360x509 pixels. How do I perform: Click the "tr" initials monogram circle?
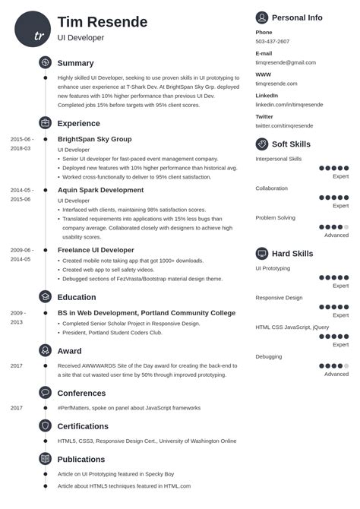(33, 29)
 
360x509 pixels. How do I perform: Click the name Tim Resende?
(103, 21)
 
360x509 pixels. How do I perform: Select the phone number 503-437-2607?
(273, 42)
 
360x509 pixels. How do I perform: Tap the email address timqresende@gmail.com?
(286, 62)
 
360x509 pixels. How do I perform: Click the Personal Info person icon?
(262, 17)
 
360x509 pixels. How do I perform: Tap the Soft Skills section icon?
(262, 144)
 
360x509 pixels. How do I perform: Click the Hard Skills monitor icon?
(262, 253)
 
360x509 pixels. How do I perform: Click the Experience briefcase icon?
(45, 122)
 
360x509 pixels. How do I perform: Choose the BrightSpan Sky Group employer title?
(94, 139)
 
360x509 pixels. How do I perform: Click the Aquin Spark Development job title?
(100, 190)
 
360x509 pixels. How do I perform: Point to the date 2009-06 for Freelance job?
(21, 250)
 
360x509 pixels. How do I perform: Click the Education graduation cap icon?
(45, 297)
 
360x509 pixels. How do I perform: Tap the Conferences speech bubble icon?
(45, 393)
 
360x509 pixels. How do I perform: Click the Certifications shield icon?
(45, 426)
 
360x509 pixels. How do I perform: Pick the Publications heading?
(81, 459)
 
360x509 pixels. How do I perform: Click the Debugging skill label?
(268, 356)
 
